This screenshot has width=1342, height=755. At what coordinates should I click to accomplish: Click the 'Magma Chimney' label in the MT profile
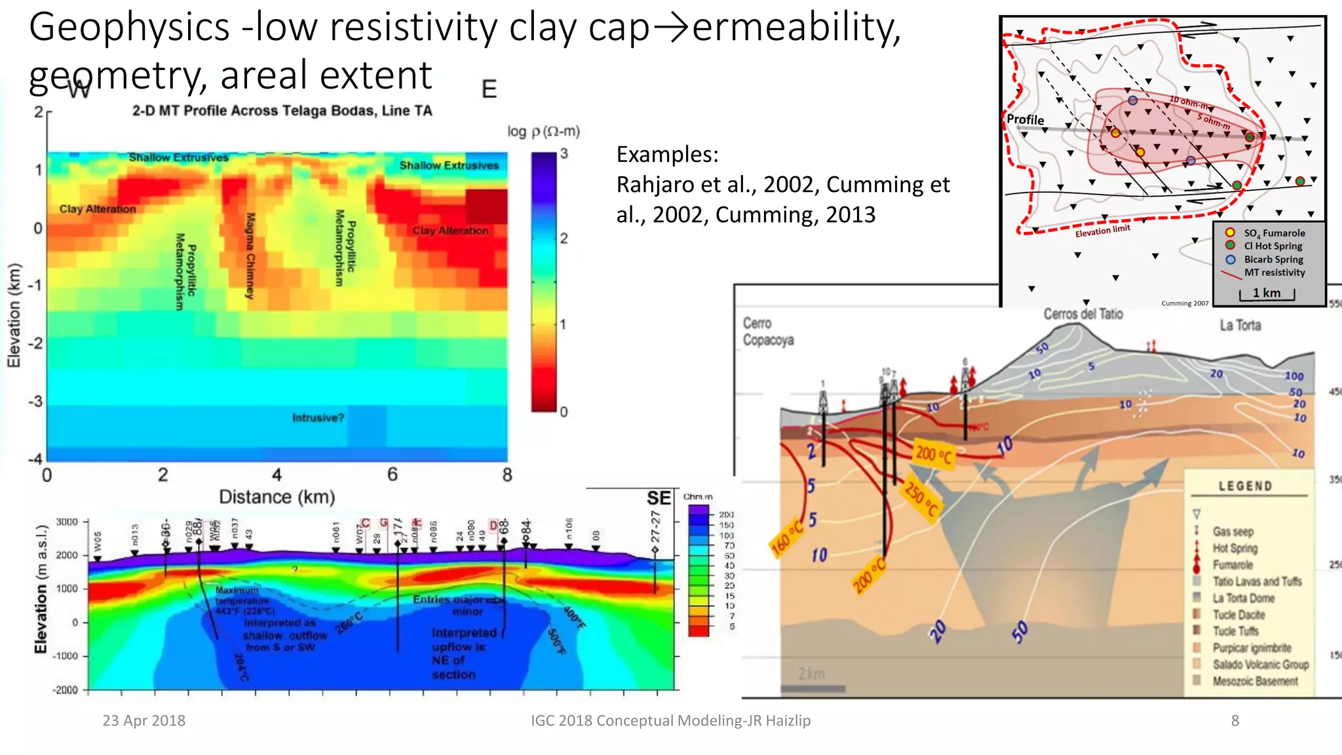pos(250,256)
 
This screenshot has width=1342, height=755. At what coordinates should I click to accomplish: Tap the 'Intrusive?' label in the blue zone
pos(318,417)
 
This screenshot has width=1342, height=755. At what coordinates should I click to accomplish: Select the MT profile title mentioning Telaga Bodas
pos(282,111)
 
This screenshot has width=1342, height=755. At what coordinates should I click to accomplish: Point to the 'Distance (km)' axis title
pos(277,497)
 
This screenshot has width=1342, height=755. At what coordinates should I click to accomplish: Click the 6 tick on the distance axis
pos(392,474)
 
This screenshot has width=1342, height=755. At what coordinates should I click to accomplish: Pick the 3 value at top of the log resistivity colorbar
pos(564,154)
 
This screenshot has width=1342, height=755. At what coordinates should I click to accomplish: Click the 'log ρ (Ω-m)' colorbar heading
pos(543,131)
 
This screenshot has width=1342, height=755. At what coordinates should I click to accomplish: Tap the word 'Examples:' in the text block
pos(667,155)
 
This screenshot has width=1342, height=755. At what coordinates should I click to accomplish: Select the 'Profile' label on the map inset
pos(1025,119)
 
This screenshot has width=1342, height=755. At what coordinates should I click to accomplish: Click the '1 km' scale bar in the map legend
pos(1267,293)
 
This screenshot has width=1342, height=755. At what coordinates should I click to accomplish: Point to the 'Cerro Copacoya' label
pos(767,332)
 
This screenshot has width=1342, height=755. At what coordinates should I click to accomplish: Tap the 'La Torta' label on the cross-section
pos(1240,325)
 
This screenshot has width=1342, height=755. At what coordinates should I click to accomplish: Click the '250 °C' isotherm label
pos(921,499)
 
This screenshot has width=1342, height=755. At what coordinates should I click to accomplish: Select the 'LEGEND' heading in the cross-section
pos(1245,486)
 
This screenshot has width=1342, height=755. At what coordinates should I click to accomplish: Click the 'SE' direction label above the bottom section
pos(659,498)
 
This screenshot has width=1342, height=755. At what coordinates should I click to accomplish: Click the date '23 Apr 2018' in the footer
pos(144,720)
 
